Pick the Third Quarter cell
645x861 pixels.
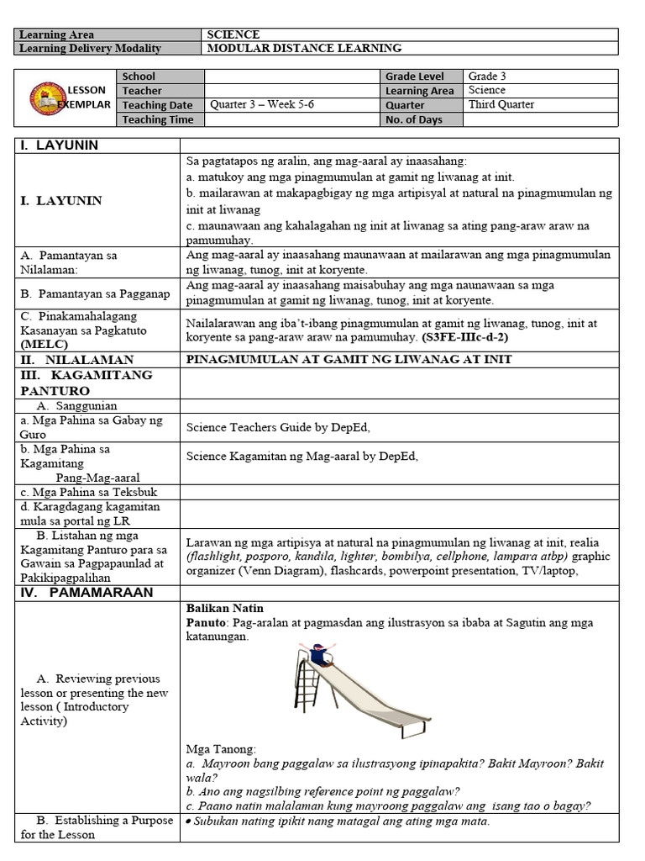tap(501, 105)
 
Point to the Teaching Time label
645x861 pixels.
tap(158, 119)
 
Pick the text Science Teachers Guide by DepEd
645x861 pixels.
tap(278, 427)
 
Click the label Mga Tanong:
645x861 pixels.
tap(221, 749)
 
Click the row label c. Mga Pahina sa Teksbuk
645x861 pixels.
tap(89, 492)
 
